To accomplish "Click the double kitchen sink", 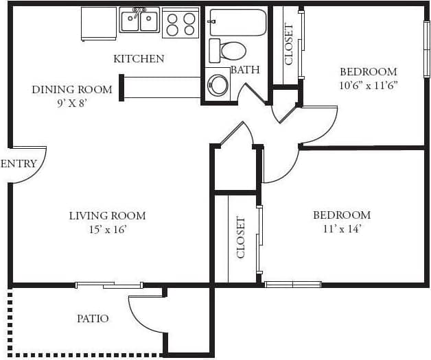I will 139,21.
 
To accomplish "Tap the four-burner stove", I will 180,24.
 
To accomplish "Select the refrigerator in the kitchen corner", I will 99,23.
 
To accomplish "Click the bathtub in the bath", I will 237,22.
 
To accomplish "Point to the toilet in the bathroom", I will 229,50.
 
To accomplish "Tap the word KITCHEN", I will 139,59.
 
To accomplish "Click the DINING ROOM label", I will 72,90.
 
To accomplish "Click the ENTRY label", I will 18,164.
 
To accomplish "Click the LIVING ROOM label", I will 107,216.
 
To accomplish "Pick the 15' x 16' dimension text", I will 107,230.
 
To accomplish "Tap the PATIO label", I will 93,319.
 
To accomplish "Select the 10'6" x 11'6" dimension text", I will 369,86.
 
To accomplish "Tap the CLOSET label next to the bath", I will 289,45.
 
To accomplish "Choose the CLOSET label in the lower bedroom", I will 241,238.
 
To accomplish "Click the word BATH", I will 244,70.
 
